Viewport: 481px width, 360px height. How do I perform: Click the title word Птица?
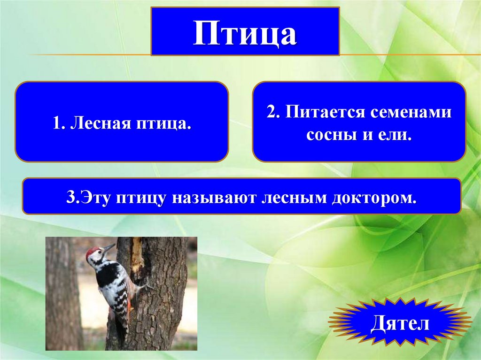pos(245,33)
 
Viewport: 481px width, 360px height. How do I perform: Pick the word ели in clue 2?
pos(399,135)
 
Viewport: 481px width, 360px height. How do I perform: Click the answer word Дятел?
pos(400,323)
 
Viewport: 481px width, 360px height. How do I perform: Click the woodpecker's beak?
pos(109,247)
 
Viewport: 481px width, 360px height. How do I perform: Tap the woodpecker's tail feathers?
pos(123,324)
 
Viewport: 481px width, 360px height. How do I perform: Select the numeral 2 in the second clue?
pos(271,113)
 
